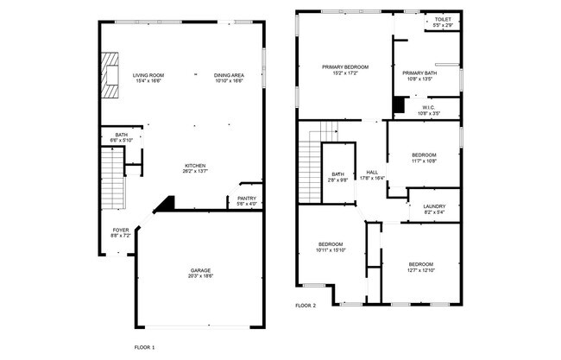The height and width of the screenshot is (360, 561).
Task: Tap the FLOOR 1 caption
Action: [144, 346]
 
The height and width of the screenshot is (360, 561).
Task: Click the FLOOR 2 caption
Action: [306, 306]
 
